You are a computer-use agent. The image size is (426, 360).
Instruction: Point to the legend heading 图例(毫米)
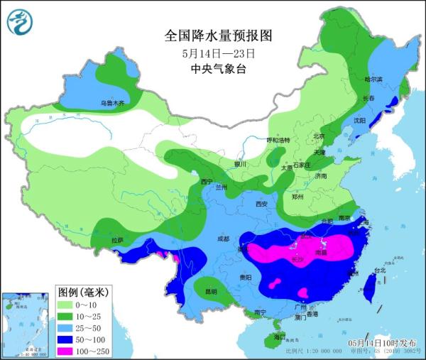[x=83, y=292]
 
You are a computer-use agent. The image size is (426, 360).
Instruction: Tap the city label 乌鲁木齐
[x=111, y=104]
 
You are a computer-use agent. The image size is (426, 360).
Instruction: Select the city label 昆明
[x=211, y=291]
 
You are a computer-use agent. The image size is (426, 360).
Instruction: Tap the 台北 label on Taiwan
[x=380, y=270]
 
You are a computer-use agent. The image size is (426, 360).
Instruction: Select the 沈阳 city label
[x=360, y=121]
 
